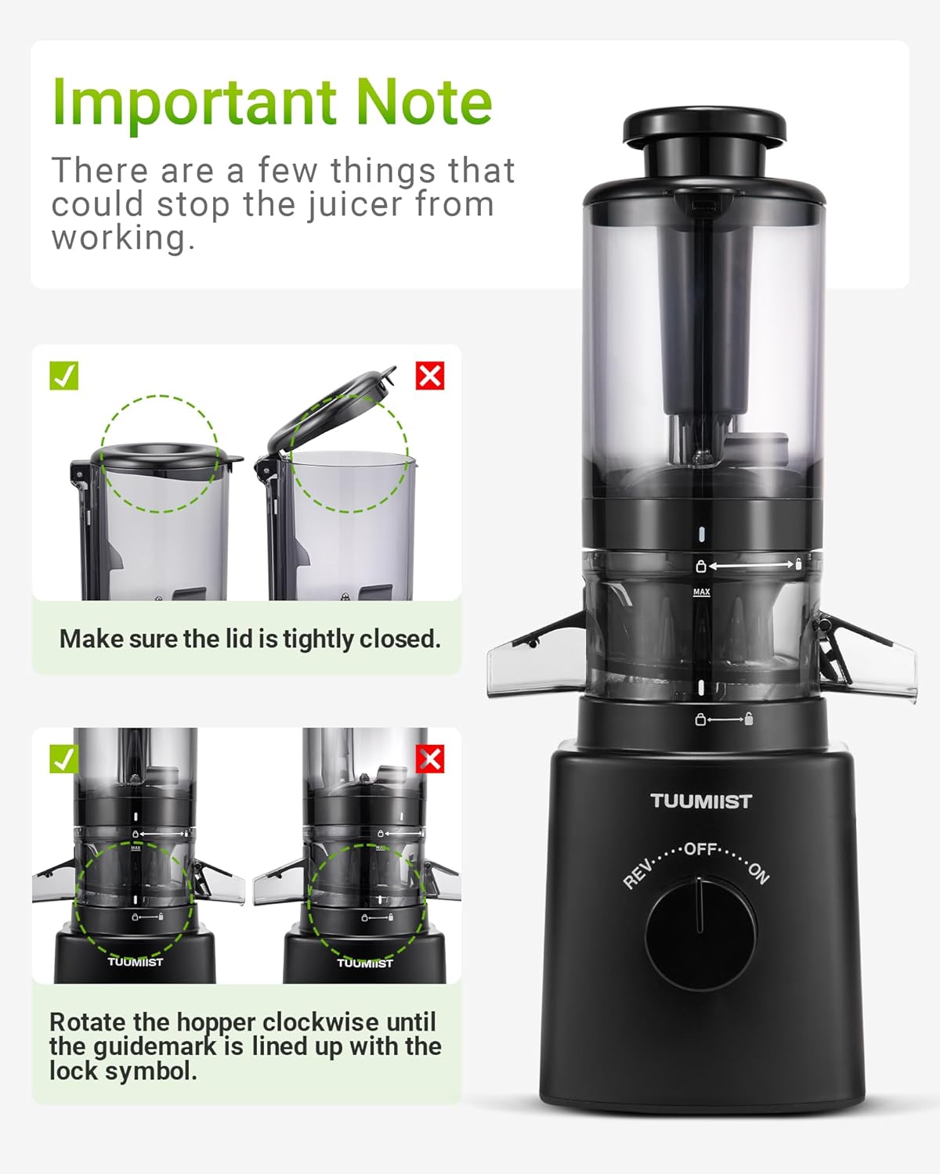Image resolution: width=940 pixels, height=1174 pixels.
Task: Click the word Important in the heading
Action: point(196,103)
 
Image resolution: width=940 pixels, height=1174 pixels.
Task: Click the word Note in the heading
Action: point(423,102)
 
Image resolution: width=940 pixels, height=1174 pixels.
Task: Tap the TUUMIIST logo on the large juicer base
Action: point(700,801)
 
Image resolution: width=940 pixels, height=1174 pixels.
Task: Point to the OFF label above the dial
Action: point(700,848)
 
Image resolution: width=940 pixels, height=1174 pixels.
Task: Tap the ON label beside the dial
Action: point(758,872)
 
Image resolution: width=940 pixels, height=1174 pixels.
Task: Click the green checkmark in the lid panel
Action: point(63,376)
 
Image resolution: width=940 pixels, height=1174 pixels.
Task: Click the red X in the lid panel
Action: point(429,376)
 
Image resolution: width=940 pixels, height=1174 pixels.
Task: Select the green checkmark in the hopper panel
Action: point(63,758)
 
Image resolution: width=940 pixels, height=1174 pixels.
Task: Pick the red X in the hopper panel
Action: point(429,759)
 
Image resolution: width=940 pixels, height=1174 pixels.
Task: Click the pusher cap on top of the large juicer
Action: point(703,128)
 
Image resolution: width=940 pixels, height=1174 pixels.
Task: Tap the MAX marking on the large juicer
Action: point(701,592)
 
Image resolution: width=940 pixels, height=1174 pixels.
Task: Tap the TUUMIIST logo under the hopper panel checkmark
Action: point(135,962)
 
